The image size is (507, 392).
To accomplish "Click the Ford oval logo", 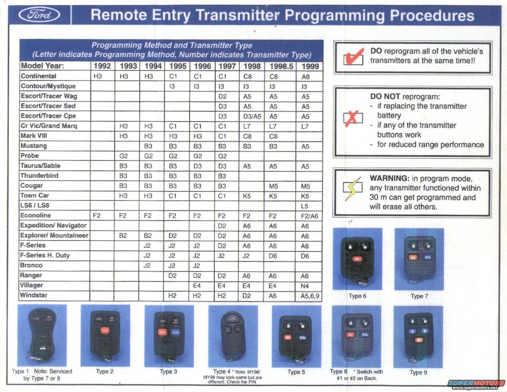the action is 39,15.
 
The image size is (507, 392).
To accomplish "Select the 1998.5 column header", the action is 281,66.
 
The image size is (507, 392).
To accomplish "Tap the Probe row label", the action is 30,155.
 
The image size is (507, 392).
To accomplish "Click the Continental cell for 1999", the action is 305,77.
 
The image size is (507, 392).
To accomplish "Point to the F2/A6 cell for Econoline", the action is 309,216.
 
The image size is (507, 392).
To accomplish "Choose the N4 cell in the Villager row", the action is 305,286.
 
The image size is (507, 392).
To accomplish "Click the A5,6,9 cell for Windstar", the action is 310,296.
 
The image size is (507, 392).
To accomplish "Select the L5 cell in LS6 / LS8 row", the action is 304,206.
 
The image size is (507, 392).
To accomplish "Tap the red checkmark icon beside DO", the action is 354,56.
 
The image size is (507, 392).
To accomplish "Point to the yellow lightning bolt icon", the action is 353,188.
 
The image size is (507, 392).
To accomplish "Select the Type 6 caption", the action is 358,296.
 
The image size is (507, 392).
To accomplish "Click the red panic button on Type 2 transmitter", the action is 105,331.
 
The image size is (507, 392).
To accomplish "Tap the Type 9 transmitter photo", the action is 418,337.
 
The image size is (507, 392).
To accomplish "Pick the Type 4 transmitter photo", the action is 233,336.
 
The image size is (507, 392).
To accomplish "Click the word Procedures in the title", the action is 432,15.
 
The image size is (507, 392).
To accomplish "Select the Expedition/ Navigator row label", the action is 53,225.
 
